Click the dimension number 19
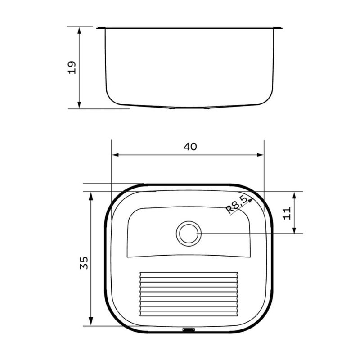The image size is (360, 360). pos(72,67)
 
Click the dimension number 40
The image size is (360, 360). pos(190,147)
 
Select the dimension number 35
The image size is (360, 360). pos(84,263)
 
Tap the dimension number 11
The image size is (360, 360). pos(287,213)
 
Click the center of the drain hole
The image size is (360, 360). pos(189,234)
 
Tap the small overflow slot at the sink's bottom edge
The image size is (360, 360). pos(189,330)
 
